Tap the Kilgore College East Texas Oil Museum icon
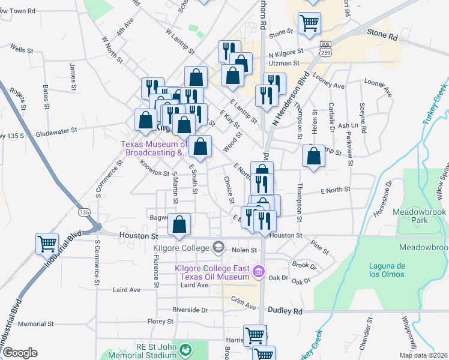tap(259, 272)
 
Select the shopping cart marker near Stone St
tap(309, 23)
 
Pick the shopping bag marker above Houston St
tap(179, 225)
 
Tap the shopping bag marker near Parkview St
tap(313, 156)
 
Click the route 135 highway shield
tap(85, 212)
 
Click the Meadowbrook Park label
tap(420, 217)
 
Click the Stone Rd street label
tap(382, 37)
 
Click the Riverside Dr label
tap(190, 310)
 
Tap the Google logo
tap(20, 353)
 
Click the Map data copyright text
tap(424, 356)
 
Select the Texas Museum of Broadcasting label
tap(154, 148)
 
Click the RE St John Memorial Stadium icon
tap(186, 349)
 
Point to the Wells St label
tap(21, 50)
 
